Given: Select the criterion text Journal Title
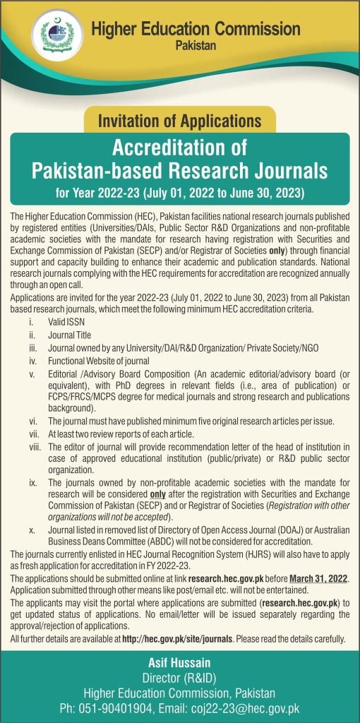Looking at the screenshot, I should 70,335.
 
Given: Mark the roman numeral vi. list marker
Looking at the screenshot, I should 32,421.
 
